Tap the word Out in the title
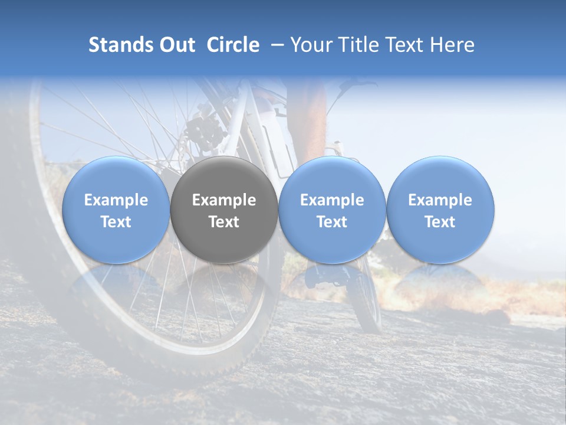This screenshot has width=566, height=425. click(x=177, y=45)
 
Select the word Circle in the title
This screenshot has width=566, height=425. click(x=233, y=45)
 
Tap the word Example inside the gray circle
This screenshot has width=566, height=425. click(x=224, y=201)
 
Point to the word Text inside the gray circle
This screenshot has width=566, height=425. click(x=224, y=222)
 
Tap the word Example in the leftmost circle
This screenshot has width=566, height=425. click(x=116, y=201)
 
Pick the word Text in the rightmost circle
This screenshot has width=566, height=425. click(x=440, y=222)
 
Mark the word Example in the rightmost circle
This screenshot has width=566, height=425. click(x=440, y=201)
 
